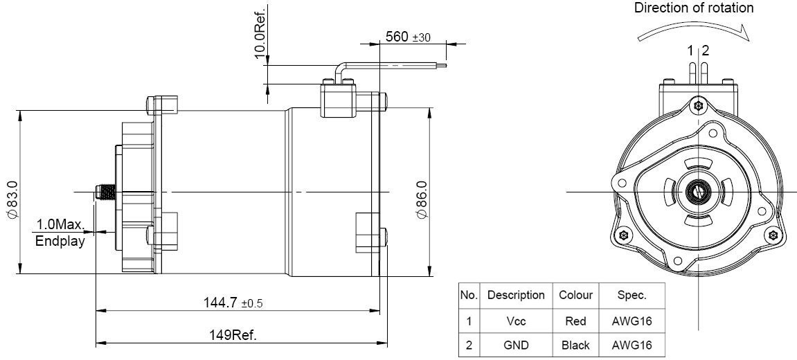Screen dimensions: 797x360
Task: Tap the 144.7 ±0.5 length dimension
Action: click(x=233, y=303)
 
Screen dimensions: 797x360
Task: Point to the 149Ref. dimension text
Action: click(x=233, y=335)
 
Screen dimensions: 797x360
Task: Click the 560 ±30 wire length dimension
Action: click(x=408, y=37)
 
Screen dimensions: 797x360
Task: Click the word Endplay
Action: click(x=60, y=241)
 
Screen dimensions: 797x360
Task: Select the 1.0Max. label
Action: click(x=60, y=224)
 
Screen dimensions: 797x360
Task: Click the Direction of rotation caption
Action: click(x=694, y=8)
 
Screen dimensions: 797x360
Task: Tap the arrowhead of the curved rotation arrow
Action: click(x=746, y=34)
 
